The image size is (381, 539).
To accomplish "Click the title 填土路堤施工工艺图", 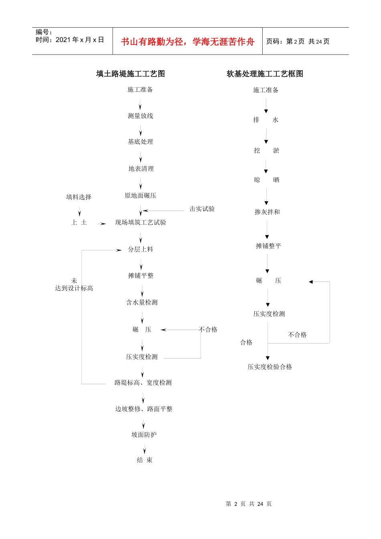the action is coord(130,74).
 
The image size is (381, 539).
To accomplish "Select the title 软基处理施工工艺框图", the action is coord(265,74).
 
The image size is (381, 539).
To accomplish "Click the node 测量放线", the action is coord(140,116).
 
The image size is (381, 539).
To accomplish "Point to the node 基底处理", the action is coord(140,142).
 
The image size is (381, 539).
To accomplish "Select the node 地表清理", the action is coord(141,169).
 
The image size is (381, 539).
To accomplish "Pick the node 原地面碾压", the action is coord(140,196).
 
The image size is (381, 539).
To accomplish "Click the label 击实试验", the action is coord(202,209).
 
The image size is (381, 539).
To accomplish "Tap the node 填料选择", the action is coord(79,197).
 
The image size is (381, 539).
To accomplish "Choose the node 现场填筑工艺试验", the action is coord(140,223).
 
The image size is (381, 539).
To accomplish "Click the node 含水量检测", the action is coord(142,302).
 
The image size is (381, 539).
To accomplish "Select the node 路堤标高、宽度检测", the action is coord(143,383).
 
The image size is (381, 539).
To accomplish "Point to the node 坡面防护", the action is coord(144,435).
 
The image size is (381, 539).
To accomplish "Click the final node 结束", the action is coord(144,460).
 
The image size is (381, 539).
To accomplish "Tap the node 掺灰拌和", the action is coord(267,212).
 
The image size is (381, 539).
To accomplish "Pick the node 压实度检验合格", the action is coord(270,367).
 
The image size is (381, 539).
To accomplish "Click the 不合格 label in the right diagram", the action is coord(297,335).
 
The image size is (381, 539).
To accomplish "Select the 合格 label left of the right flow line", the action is coord(246,342).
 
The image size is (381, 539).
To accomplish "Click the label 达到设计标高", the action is coord(74,288).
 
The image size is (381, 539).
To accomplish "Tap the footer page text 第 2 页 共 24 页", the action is coord(249,504).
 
